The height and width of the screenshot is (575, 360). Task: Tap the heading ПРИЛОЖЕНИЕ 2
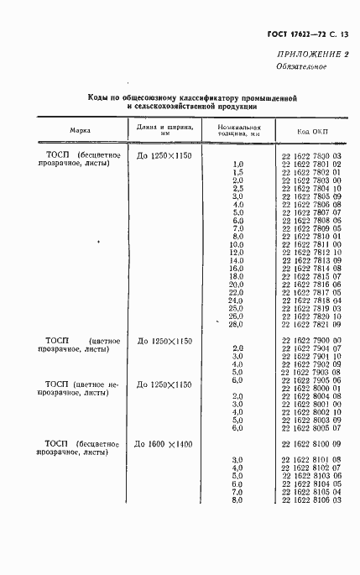(x=307, y=55)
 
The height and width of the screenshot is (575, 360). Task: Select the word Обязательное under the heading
(x=300, y=67)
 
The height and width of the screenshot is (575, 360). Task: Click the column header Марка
(x=81, y=132)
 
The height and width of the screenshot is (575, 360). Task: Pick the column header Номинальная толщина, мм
(x=237, y=131)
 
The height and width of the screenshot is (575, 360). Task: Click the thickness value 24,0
(x=235, y=300)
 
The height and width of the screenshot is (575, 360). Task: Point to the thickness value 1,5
(x=237, y=172)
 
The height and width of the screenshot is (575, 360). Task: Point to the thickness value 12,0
(x=236, y=252)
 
